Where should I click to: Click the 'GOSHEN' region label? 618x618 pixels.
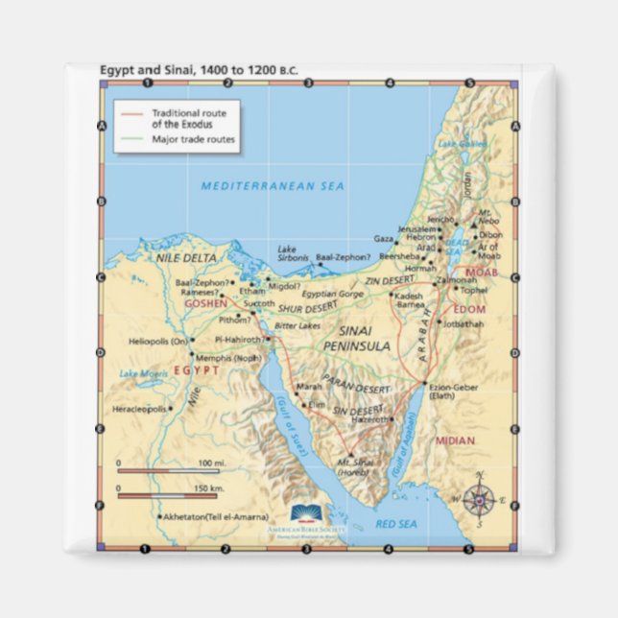tap(205, 303)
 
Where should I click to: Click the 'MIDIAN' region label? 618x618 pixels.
tap(455, 440)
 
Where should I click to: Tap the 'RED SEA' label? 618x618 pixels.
tap(393, 523)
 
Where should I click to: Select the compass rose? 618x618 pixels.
tap(479, 499)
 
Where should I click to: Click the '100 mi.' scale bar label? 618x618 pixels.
tap(211, 463)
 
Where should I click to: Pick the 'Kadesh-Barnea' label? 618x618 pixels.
tap(409, 299)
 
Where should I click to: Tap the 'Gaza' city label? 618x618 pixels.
tap(383, 238)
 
